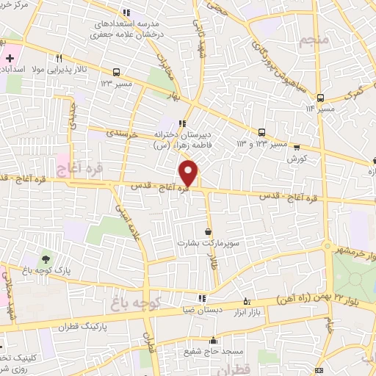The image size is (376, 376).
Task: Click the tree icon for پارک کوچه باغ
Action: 46,258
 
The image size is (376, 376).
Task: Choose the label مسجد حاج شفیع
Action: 216,352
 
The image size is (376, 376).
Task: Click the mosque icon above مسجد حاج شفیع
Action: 214,341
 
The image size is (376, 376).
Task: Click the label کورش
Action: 296,158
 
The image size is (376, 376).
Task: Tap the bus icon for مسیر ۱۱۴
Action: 320,98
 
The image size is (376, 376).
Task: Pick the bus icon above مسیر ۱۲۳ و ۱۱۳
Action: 261,132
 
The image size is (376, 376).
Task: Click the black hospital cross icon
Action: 10,58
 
